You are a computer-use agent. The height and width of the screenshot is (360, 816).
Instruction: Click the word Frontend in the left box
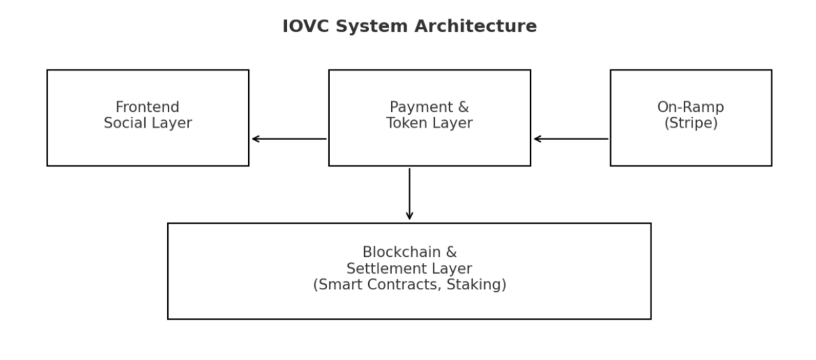(x=147, y=107)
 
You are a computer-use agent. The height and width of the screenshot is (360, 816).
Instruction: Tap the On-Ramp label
(x=691, y=107)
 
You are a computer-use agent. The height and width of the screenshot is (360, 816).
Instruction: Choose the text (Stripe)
(x=691, y=123)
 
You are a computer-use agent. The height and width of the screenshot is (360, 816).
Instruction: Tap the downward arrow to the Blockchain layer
(x=409, y=193)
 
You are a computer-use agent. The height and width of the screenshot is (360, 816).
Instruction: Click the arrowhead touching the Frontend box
(x=256, y=139)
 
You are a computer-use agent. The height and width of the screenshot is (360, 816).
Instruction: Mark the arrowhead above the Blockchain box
(x=409, y=216)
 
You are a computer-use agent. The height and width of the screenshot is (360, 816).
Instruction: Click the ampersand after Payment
(x=463, y=107)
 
